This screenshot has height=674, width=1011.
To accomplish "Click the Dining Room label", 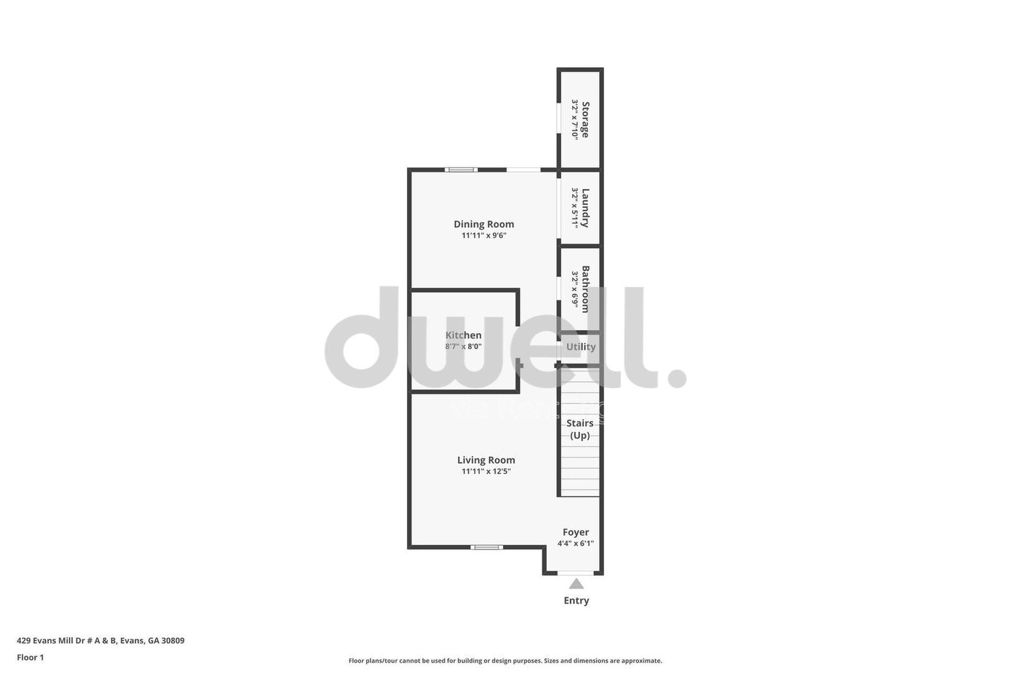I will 483,224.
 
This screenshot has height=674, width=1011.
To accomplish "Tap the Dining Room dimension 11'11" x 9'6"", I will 483,236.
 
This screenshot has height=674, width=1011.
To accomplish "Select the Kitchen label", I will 463,335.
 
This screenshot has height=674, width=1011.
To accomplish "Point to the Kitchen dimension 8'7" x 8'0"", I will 463,346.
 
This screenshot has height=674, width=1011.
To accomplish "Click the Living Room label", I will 486,460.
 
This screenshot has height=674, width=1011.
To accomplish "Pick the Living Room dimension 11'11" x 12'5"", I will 486,472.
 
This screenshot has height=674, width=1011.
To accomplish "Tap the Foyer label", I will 576,532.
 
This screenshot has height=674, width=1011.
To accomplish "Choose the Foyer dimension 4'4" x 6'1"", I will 576,544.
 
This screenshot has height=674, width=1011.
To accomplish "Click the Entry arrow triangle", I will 576,584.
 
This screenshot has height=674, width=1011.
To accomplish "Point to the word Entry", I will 576,601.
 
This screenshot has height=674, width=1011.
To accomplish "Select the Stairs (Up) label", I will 580,429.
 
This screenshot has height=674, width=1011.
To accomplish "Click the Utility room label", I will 581,346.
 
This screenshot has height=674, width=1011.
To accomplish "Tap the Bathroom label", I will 586,289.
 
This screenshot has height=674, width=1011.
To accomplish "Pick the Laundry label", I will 586,207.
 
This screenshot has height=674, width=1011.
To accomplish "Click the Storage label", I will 586,119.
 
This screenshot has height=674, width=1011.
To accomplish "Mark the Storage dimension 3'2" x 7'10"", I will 575,119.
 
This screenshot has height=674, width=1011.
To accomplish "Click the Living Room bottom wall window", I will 487,547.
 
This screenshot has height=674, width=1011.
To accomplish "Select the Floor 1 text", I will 30,658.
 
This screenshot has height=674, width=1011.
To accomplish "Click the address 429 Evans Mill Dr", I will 100,640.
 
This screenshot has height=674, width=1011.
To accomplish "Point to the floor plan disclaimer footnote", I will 505,661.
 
